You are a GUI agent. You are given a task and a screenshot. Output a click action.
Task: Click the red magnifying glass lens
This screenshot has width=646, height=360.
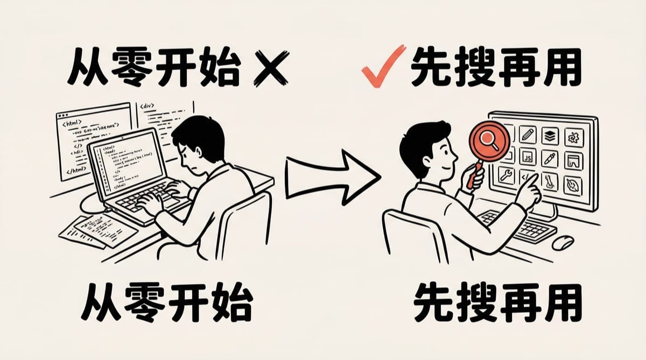tap(490, 140)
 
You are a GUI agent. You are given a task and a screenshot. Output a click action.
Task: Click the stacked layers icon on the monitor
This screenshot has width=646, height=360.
tap(550, 135)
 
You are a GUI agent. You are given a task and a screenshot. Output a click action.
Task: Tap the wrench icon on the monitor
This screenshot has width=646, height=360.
tap(507, 175)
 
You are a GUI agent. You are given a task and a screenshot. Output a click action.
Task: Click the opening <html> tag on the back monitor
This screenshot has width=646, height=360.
tap(72, 124)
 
